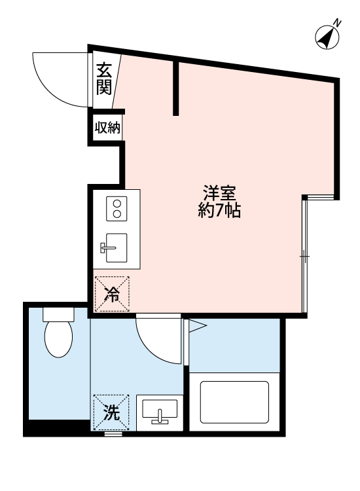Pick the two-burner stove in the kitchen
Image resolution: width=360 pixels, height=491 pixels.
tap(117, 209)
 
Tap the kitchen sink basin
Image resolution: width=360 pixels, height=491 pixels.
tap(116, 247)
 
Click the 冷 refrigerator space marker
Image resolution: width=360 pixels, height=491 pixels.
tap(111, 294)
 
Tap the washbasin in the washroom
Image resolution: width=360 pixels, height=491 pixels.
tap(160, 411)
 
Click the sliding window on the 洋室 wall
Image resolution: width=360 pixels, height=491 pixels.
tap(304, 255)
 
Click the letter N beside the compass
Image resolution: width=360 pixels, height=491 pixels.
tap(338, 23)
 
